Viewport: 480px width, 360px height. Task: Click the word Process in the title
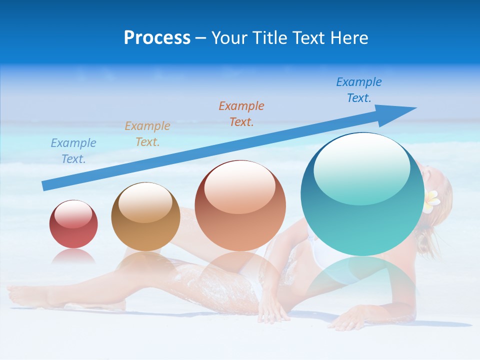point(157,38)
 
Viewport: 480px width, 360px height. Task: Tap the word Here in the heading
point(349,38)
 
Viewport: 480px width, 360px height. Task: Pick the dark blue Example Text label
point(359,90)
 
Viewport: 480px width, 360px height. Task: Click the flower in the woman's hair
point(431,200)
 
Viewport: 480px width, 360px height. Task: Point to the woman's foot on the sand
point(25,295)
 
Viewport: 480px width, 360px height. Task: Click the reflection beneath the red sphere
point(73,257)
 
